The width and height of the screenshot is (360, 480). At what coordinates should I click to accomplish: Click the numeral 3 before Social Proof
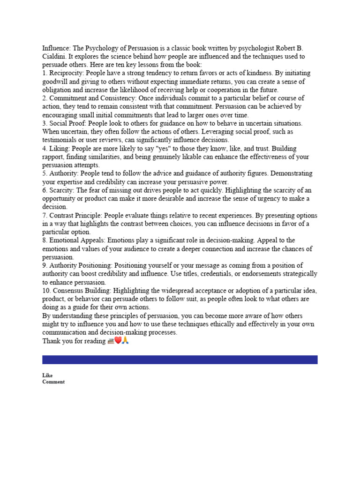pos(45,123)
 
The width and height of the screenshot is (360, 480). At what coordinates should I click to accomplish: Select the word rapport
pos(53,157)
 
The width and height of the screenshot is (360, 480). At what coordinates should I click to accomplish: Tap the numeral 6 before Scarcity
pos(45,190)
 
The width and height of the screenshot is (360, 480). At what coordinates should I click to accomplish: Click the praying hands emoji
pos(125,341)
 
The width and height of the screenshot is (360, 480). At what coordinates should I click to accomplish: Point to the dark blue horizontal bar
pos(180,360)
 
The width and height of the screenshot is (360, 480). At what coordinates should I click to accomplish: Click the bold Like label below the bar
pos(47,375)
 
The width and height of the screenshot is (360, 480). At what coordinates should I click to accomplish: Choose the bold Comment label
pos(53,382)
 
